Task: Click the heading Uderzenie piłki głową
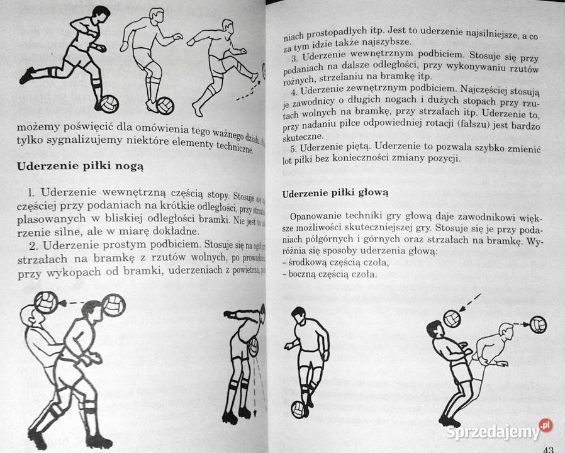pos(336,193)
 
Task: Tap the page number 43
pos(547,447)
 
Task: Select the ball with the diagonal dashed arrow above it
pos(451,318)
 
